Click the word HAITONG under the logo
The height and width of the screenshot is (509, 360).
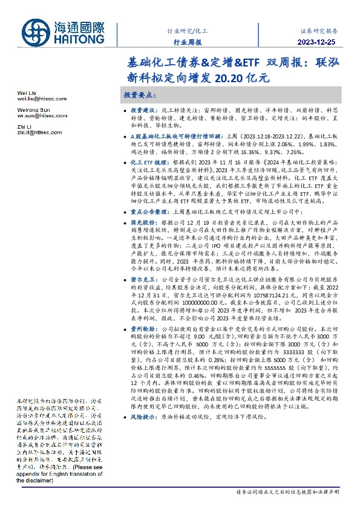click(80, 40)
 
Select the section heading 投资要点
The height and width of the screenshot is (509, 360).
click(140, 96)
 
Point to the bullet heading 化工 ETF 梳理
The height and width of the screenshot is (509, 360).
click(146, 163)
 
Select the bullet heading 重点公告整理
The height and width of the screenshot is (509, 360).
click(146, 212)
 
